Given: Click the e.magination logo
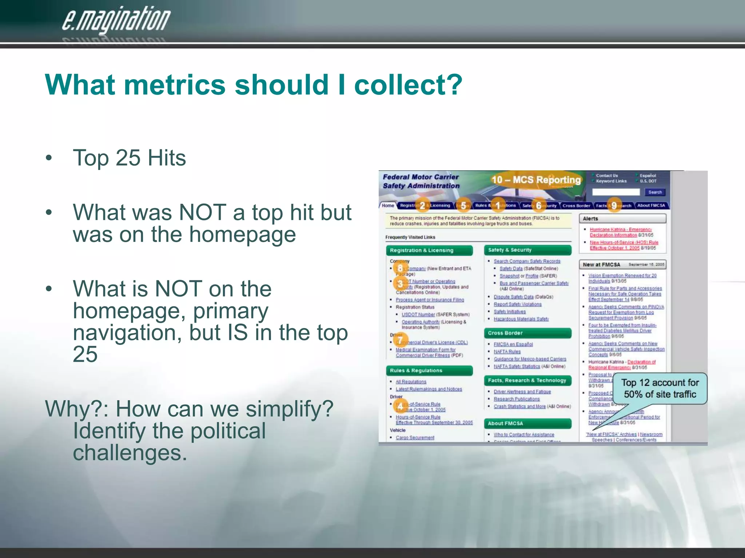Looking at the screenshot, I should [x=116, y=20].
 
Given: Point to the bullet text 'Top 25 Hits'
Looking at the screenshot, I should [x=129, y=158].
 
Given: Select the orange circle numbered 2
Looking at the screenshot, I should [x=422, y=206].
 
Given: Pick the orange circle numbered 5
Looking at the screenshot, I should [x=463, y=206].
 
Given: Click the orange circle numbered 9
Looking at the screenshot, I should [x=614, y=206].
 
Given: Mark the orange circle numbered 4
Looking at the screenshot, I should [x=400, y=406].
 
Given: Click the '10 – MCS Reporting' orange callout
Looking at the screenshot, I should [x=536, y=180].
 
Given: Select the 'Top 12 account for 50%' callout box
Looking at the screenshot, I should [x=660, y=388].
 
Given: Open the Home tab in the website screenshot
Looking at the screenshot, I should [x=388, y=206].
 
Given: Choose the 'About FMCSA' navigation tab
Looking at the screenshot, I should [x=651, y=206].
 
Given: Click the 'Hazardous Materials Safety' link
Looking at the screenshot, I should [x=521, y=319].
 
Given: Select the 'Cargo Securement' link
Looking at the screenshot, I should [x=415, y=437].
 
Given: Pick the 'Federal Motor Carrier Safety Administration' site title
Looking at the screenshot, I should [x=421, y=181].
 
